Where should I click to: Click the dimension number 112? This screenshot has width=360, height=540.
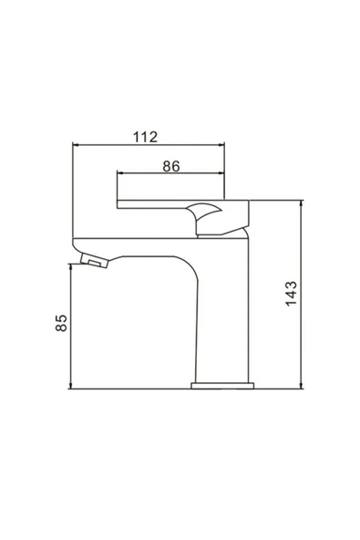point(145,137)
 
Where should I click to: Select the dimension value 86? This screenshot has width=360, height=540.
point(170,166)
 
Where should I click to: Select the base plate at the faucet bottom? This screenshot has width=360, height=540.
point(222,386)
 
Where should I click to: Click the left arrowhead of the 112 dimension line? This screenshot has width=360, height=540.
point(77,145)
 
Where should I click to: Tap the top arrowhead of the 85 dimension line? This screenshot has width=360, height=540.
point(72,265)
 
